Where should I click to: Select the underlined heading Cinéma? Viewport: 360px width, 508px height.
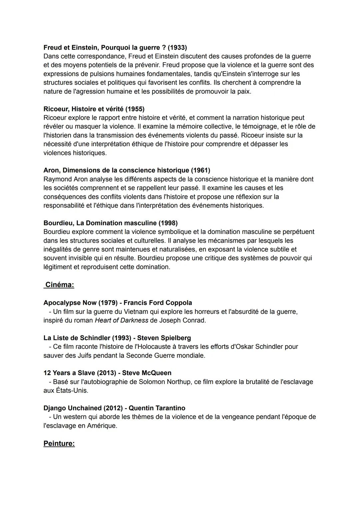60,285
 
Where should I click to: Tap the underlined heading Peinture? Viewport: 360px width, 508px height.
59,444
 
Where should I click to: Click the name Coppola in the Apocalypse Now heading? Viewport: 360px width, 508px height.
178,303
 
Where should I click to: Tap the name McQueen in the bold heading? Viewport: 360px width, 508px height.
156,373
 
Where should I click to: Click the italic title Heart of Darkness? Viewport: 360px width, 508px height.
121,320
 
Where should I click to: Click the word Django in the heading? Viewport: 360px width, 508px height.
55,408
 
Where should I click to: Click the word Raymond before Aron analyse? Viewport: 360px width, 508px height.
57,179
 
